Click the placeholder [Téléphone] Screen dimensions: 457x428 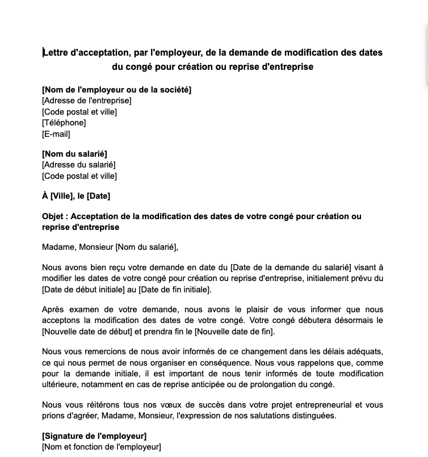point(64,123)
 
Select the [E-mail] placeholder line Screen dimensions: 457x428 point(56,134)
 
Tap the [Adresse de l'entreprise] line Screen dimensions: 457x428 point(87,100)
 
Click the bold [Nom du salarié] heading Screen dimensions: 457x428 point(74,154)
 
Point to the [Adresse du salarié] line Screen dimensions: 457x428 point(79,165)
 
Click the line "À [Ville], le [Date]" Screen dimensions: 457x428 point(76,196)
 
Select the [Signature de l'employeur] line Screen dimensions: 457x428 point(94,436)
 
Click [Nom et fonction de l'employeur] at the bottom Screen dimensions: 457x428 point(102,447)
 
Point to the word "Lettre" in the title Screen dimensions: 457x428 point(56,53)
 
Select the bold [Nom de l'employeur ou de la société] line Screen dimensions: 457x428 point(117,90)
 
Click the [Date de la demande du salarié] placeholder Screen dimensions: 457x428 point(291,267)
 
